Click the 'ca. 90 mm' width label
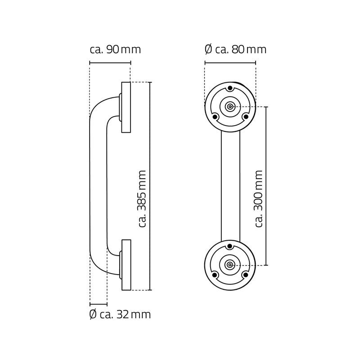115,49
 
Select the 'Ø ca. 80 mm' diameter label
235,49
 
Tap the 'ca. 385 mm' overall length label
142,198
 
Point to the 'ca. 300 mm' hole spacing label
258,198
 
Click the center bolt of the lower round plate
230,265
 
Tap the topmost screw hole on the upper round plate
230,88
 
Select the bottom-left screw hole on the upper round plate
215,117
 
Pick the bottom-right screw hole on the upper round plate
245,117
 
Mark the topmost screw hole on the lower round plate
230,246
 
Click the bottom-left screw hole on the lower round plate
215,274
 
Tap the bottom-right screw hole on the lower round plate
245,274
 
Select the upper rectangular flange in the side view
126,107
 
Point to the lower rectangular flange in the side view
126,265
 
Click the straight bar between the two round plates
230,186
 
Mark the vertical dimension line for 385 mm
150,135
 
